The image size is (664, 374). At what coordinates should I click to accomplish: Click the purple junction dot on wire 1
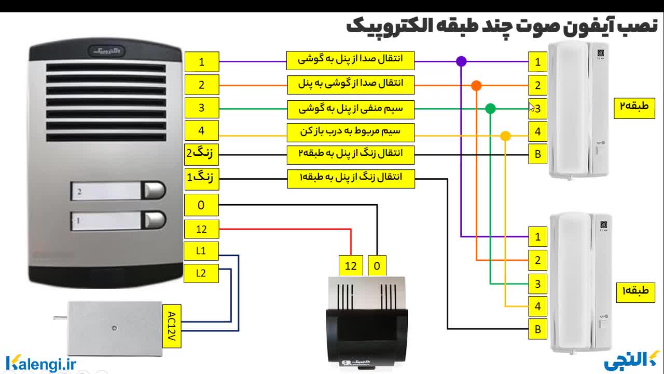coord(461,61)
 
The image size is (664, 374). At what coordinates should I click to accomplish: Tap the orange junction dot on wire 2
coord(476,86)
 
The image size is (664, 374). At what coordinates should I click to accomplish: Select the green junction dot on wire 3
coord(490,109)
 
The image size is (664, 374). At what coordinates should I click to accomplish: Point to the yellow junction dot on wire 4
coord(505,136)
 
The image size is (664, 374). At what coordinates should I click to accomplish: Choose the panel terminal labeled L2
coord(201,273)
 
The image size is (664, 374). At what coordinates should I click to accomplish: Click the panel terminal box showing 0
coord(201,205)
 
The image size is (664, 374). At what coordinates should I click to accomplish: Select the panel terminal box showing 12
coord(201,229)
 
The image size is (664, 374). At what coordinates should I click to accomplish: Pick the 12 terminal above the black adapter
coord(351,266)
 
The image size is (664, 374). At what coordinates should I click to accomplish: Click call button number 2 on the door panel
coord(154,191)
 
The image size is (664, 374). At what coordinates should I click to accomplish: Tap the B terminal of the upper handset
coord(537,154)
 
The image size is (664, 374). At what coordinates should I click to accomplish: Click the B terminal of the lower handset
coord(537,329)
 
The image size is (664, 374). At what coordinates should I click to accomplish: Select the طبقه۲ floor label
coord(634,108)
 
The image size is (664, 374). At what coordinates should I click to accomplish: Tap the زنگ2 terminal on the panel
coord(201,153)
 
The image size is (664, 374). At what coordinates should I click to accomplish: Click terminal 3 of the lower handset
coord(537,284)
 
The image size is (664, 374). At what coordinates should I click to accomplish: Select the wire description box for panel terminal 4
coord(351,131)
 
